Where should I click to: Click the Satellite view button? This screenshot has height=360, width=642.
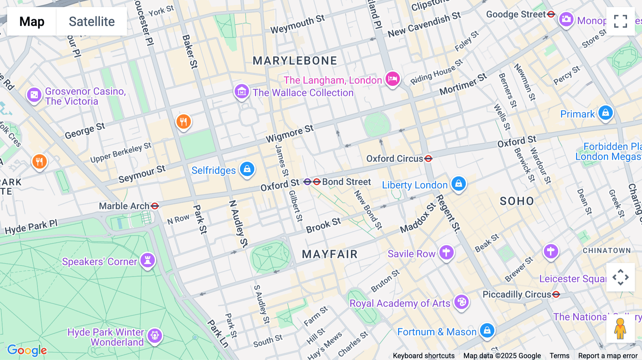coord(92,21)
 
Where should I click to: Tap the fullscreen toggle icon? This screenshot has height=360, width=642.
coord(620,21)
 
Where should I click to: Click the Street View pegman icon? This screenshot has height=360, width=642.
coord(620,328)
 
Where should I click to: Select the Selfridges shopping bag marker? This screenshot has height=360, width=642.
coord(247,169)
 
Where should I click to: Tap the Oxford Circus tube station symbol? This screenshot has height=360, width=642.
coord(428,159)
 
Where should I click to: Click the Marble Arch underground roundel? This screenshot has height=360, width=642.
coord(155,206)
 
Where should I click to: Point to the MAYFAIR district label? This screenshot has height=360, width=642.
coord(330,254)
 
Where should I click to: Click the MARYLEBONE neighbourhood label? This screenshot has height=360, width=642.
coord(295,61)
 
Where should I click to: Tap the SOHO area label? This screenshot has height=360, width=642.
coord(516,201)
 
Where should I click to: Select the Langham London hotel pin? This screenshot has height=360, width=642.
coord(392,79)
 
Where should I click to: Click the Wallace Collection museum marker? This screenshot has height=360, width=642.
coord(241,92)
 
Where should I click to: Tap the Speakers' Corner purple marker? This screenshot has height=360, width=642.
coord(147,260)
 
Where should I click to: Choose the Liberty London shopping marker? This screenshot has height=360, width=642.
coord(458,184)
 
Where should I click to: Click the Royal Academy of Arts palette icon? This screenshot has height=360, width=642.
coord(461,302)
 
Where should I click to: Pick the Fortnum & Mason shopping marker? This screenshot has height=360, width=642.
coord(487,330)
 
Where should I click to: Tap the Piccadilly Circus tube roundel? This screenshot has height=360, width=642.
coord(556,294)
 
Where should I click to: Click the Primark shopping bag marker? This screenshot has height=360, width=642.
coord(605,113)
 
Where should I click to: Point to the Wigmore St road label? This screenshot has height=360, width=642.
coord(290,134)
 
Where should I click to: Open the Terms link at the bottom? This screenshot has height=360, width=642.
coord(559,355)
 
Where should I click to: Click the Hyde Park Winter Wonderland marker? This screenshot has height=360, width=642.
coord(154,335)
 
